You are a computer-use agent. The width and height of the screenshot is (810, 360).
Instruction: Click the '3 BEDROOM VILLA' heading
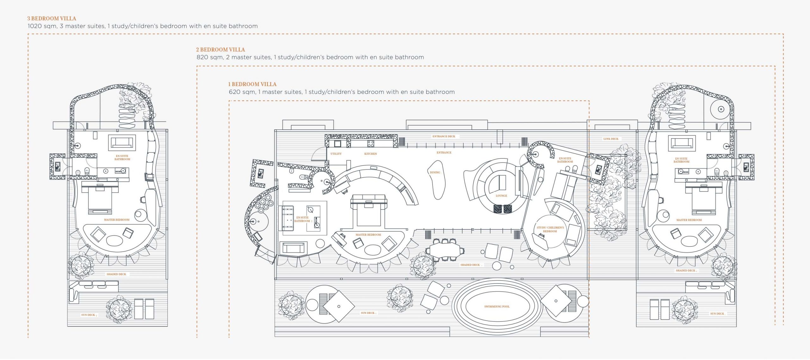52,18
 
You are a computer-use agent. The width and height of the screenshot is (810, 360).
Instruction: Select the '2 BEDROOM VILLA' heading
221,50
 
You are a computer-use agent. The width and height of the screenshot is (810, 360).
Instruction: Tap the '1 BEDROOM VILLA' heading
252,84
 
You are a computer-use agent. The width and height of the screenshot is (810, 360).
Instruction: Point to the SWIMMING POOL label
497,307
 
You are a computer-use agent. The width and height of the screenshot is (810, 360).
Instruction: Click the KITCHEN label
371,154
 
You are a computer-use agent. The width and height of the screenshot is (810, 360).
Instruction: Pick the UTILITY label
336,154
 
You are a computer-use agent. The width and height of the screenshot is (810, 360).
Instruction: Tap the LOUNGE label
501,196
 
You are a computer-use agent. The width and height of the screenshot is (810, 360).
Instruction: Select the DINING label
435,172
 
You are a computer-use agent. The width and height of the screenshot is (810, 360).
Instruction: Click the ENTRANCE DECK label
444,136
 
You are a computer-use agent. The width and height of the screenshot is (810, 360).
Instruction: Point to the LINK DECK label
611,139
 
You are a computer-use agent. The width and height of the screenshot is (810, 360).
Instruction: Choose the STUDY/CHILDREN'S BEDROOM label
550,229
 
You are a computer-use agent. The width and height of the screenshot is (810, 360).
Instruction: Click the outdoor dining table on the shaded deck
445,250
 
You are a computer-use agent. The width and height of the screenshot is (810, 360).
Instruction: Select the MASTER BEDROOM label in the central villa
368,235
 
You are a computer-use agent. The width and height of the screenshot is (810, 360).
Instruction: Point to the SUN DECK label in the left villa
88,315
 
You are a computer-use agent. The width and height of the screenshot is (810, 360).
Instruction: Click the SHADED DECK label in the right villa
685,270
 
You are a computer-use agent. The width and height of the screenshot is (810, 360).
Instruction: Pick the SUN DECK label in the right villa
717,314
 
